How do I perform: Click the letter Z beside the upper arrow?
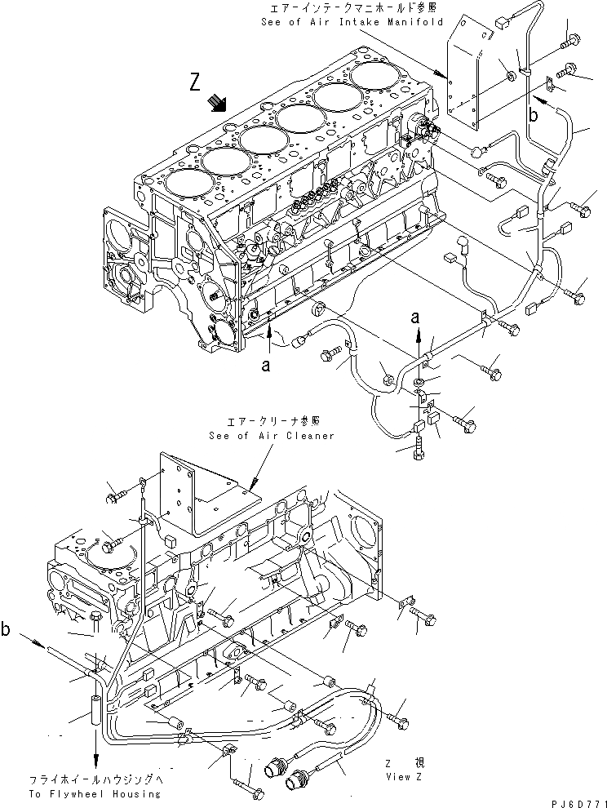pos(194,82)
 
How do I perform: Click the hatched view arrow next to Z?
pos(217,102)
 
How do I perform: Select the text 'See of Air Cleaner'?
pos(271,435)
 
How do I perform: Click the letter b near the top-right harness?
pos(533,116)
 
